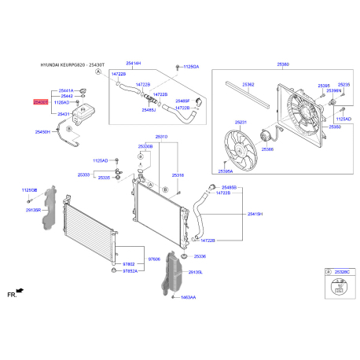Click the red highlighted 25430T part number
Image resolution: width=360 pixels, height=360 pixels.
(40, 102)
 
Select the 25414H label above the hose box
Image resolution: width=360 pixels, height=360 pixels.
(156, 63)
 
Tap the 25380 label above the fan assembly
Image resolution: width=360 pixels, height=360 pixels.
(284, 64)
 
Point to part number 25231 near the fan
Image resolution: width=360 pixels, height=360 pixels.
(241, 123)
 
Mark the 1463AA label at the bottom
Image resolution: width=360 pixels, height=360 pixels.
(189, 298)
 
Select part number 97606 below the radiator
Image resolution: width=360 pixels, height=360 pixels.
(155, 258)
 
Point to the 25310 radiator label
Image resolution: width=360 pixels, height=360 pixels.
(161, 136)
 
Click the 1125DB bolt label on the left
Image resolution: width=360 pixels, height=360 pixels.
(29, 189)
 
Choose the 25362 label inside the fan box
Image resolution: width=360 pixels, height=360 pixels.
(248, 84)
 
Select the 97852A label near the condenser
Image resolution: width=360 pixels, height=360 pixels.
(131, 271)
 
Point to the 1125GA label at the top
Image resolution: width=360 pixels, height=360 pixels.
(191, 68)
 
